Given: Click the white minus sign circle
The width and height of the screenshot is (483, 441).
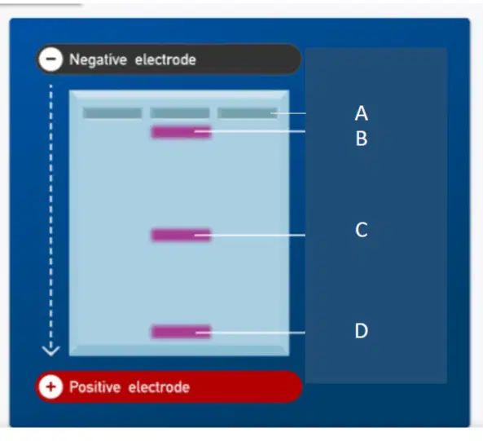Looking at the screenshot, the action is point(50,59).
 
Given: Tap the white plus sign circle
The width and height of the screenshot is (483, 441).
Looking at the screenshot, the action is point(50,386).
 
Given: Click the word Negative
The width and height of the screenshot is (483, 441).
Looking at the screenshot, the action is point(98,60).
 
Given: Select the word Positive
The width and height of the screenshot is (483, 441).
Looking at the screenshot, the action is point(94,387).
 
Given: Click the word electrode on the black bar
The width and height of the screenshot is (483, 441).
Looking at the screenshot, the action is point(165,60).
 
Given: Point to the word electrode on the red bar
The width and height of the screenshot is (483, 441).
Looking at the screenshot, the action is point(159,387).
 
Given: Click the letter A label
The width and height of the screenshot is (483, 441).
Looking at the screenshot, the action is point(362,113).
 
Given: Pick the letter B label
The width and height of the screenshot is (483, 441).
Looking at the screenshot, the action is point(362,139).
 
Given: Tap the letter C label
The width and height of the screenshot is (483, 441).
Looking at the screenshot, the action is point(362,230).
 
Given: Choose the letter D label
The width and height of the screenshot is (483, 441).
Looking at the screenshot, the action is point(362,331).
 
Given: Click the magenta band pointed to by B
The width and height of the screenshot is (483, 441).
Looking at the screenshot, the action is point(181,132).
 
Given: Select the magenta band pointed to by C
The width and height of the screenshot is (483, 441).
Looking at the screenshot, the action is point(181,235).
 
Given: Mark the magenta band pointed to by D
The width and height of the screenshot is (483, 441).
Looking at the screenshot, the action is point(181,332).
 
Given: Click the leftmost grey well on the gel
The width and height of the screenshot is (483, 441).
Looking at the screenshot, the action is point(112,113).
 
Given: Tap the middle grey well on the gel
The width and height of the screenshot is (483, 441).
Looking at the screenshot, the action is point(180,113).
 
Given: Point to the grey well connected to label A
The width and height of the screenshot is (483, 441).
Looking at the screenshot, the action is point(248,113).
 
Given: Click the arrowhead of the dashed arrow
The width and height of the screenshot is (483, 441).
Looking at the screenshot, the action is point(50,351).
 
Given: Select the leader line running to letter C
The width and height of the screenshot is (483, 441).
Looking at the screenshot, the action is point(250,235).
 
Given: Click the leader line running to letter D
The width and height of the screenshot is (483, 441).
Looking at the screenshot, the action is point(250,333).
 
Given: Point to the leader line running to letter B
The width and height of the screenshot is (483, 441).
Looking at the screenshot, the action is point(250,131).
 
